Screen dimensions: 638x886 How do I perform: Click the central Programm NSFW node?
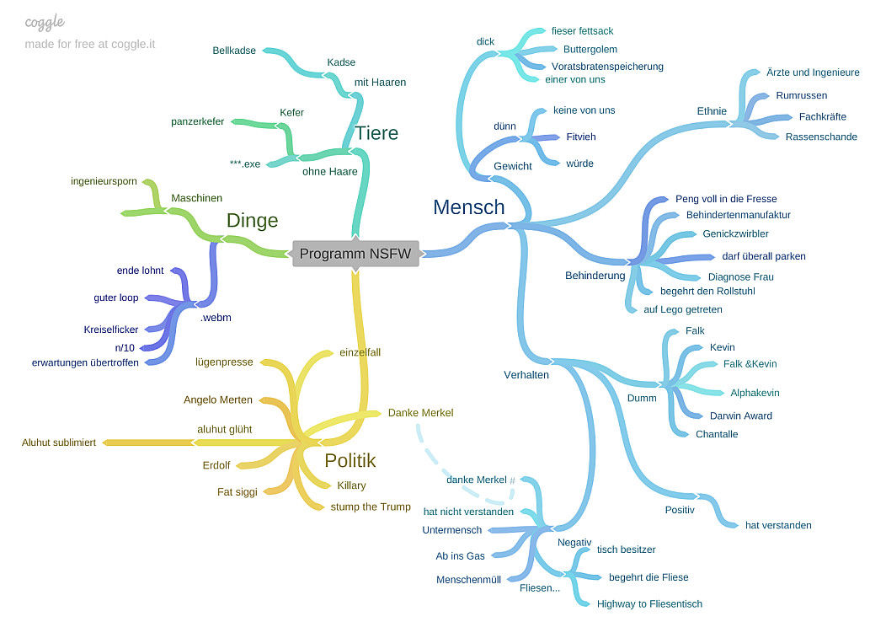(x=355, y=254)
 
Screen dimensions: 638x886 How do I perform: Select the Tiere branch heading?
(x=376, y=133)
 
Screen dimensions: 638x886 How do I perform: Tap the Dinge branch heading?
(x=252, y=221)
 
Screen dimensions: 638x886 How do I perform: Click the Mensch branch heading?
(x=469, y=207)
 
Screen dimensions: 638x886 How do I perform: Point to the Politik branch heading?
(x=350, y=461)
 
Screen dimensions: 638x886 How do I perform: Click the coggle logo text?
(x=45, y=22)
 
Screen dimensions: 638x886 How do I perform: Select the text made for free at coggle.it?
(x=90, y=44)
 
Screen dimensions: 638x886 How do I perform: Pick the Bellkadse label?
(x=234, y=51)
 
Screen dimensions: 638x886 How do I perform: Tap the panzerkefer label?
(x=197, y=121)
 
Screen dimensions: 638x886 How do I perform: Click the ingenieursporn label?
(x=104, y=181)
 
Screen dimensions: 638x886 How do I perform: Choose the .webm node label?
(x=216, y=318)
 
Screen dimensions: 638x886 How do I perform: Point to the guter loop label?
(x=116, y=298)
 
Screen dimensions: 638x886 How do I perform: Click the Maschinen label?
(x=196, y=198)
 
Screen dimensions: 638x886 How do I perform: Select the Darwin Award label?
(x=741, y=416)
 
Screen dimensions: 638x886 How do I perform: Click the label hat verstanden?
(x=778, y=525)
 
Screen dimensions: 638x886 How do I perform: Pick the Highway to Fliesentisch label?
(x=649, y=603)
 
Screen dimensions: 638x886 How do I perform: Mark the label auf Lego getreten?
(x=683, y=309)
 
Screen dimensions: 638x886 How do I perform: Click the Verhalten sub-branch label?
(x=526, y=375)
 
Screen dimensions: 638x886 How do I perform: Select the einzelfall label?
(x=360, y=352)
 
